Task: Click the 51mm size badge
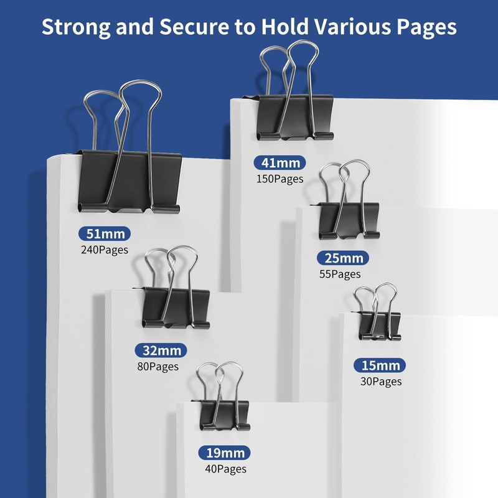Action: [105, 234]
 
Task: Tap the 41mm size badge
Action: [280, 163]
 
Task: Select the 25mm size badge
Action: [343, 258]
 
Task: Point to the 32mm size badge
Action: [161, 350]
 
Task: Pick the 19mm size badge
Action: [225, 453]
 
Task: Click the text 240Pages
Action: [105, 250]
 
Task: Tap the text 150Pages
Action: [280, 179]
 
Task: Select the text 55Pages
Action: [339, 274]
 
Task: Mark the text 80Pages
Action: [157, 367]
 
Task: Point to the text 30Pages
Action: [380, 382]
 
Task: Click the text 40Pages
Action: [225, 469]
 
